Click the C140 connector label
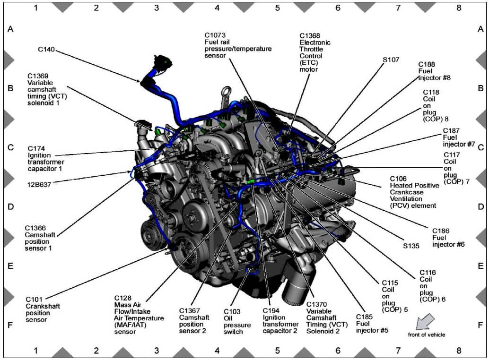46,50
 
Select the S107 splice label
391,60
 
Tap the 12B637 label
39,185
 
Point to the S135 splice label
411,246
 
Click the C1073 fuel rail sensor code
215,35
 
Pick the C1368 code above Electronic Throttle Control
310,36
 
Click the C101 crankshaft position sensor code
34,299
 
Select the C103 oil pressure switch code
232,311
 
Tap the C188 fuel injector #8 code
427,64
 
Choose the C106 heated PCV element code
398,179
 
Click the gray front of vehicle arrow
425,322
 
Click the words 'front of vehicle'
426,335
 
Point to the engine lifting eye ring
227,91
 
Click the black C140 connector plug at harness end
163,62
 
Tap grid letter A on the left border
10,29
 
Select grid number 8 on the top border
459,8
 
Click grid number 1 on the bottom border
35,351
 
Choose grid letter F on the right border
480,325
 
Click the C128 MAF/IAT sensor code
123,298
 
